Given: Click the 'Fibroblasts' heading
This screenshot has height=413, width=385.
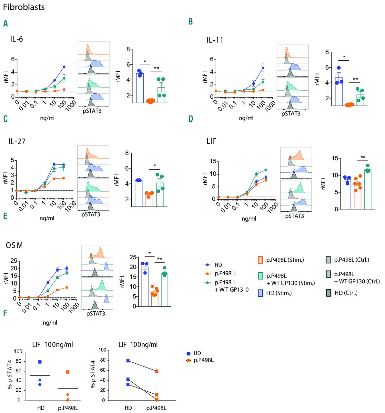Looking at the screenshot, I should tap(24, 7).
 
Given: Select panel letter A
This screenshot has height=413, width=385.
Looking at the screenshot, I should tap(5, 24).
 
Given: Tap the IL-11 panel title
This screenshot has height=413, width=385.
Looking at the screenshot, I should tap(215, 40).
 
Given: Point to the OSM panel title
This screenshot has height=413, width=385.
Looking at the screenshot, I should tap(15, 246).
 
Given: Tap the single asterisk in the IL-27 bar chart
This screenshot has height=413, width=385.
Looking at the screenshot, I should tap(155, 166).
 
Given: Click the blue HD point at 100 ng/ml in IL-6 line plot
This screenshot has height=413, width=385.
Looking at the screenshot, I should tap(64, 67).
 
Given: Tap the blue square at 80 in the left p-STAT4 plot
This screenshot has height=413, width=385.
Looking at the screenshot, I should tap(40, 362).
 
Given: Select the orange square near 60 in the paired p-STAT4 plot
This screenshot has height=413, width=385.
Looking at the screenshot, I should tap(157, 371).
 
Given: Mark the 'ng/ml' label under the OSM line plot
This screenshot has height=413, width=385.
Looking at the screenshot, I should tap(50, 322).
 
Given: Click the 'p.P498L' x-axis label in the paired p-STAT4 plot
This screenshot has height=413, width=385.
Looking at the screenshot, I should tap(157, 408).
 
